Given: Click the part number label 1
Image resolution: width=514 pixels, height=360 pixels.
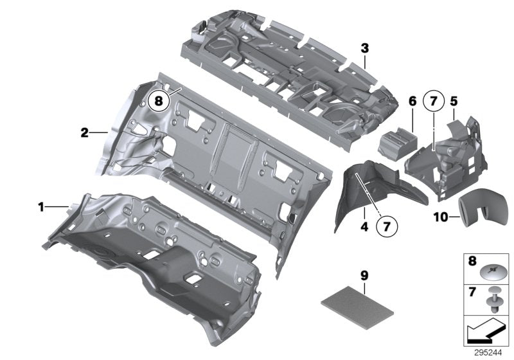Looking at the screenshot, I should click(40, 207).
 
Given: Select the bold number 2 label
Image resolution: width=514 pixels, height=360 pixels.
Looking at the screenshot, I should click(84, 133).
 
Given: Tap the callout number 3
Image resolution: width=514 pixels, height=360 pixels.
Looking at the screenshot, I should click(364, 48).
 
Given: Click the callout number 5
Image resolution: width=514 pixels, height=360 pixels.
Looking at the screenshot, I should click(453, 101).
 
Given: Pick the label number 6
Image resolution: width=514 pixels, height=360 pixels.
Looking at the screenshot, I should click(411, 101).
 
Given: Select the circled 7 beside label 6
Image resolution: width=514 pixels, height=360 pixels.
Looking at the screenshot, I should click(433, 102).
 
